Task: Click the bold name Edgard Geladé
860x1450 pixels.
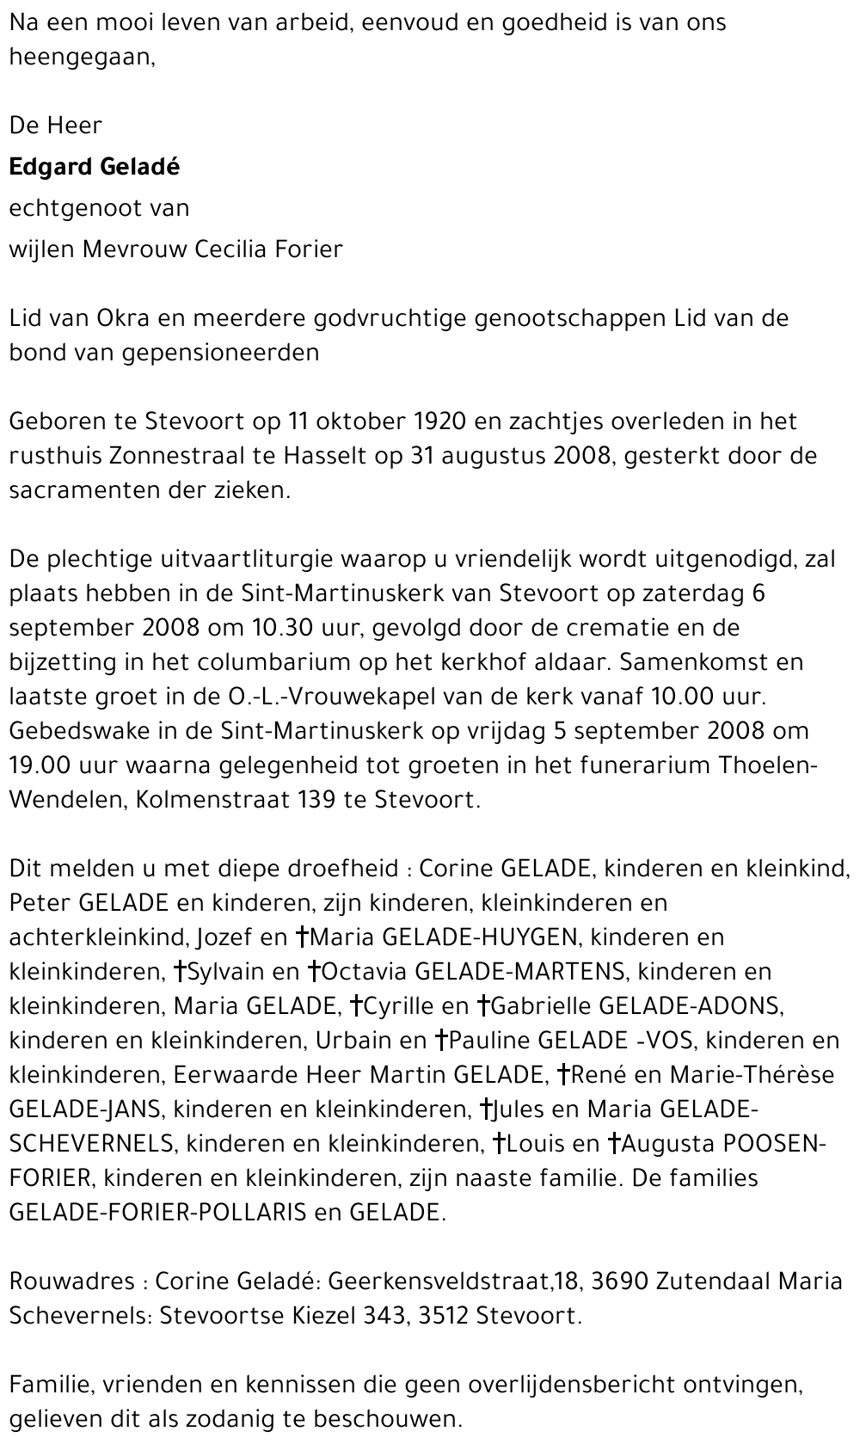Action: point(95,167)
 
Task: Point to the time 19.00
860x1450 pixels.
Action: point(40,765)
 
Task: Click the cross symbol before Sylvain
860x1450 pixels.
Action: point(180,972)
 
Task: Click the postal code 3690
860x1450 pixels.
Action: point(619,1281)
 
